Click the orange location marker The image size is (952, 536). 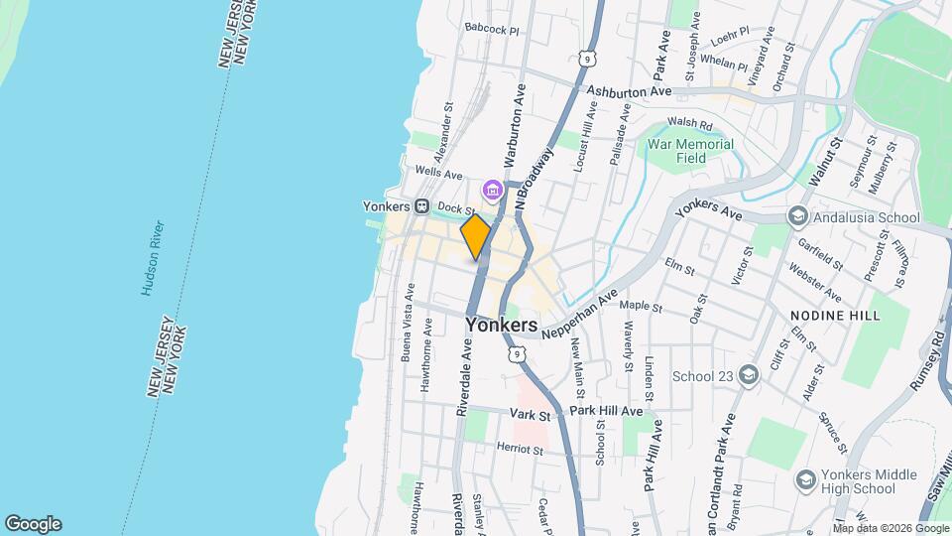click(476, 237)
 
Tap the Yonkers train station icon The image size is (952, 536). click(421, 206)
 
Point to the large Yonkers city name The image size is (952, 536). click(501, 325)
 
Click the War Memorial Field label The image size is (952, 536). click(690, 151)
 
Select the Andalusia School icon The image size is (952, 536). click(796, 216)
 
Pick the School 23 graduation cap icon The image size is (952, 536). click(748, 375)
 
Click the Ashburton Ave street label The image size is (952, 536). click(629, 91)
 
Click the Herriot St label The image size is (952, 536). click(521, 449)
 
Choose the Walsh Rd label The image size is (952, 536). click(690, 124)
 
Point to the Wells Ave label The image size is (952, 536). click(439, 174)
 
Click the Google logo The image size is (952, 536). click(33, 524)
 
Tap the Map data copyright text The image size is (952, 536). click(892, 528)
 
